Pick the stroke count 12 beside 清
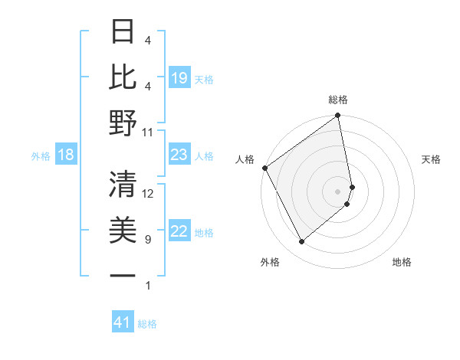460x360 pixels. tap(148, 194)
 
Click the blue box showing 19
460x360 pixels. tap(179, 78)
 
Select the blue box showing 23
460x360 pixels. tap(179, 155)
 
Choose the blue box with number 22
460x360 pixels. tap(179, 232)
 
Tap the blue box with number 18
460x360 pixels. tap(66, 155)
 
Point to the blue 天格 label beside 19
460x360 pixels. tap(204, 79)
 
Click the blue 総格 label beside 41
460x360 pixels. tap(147, 323)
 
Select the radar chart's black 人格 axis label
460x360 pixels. tap(245, 159)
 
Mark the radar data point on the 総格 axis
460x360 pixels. tap(338, 116)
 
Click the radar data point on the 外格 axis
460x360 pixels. tap(302, 242)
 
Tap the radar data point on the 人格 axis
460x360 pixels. tap(264, 168)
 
